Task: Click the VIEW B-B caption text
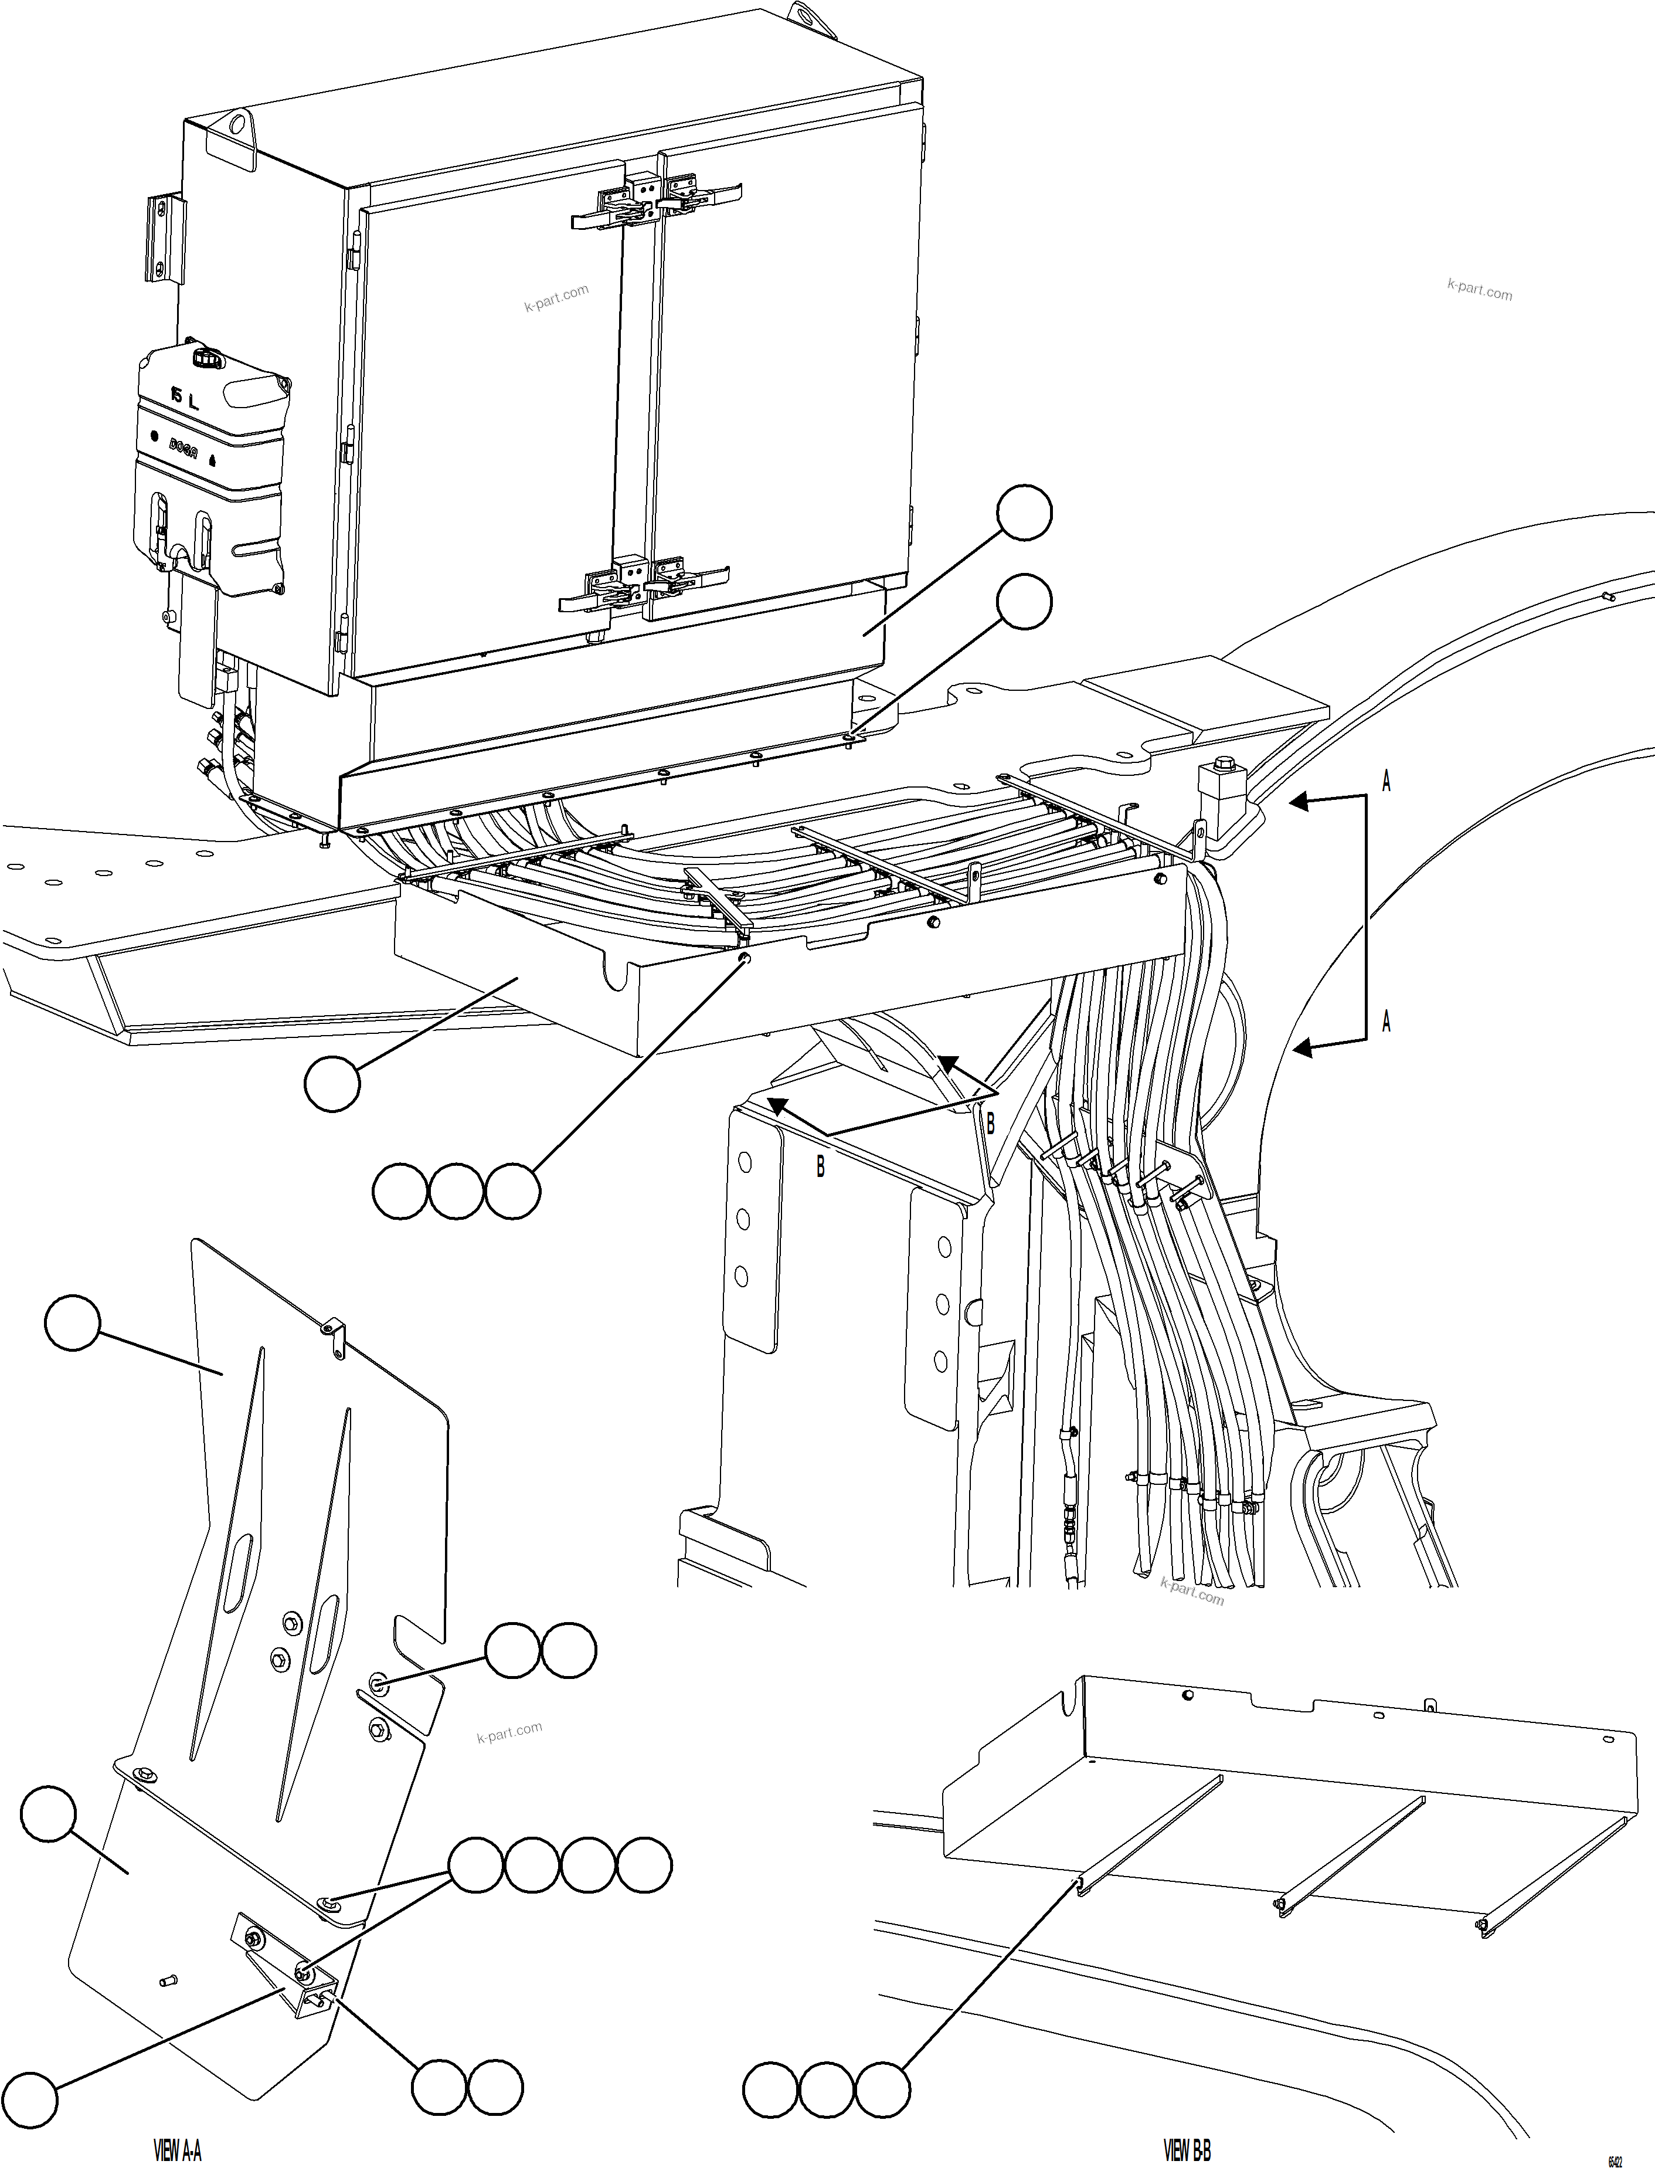pyautogui.click(x=1187, y=2149)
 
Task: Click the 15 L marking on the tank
pyautogui.click(x=184, y=398)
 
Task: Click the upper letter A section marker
pyautogui.click(x=1386, y=782)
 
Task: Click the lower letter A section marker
pyautogui.click(x=1386, y=1022)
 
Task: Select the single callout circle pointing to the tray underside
pyautogui.click(x=332, y=1084)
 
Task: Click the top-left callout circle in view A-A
pyautogui.click(x=73, y=1324)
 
